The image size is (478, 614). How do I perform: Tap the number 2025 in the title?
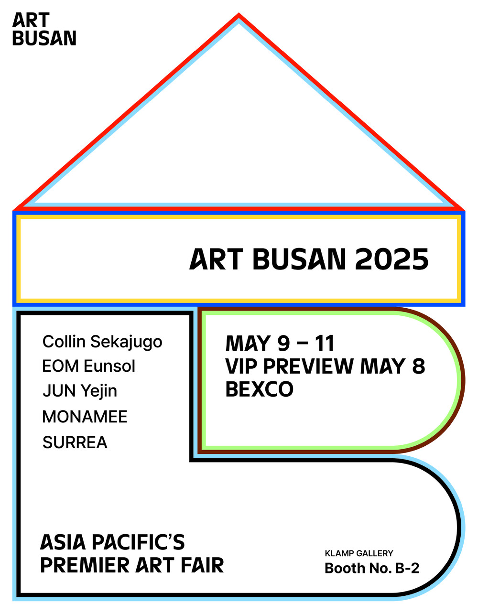pyautogui.click(x=392, y=259)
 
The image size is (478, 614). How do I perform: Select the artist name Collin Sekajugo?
pyautogui.click(x=102, y=342)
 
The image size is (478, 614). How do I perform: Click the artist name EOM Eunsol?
pyautogui.click(x=89, y=366)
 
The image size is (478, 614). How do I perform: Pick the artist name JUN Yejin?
pyautogui.click(x=80, y=391)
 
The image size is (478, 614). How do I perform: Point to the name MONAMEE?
pyautogui.click(x=85, y=417)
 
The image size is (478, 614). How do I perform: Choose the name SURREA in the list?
pyautogui.click(x=75, y=442)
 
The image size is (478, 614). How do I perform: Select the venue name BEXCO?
pyautogui.click(x=260, y=389)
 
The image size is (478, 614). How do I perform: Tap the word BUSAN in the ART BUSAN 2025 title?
pyautogui.click(x=299, y=259)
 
